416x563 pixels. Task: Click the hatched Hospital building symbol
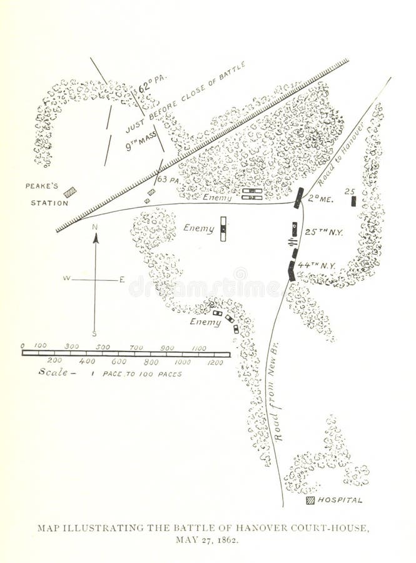tap(310, 500)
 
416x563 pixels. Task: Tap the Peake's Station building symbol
tap(70, 192)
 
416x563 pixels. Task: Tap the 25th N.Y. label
tap(323, 232)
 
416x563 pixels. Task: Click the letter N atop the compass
tap(95, 228)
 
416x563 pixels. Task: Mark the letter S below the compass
tap(94, 333)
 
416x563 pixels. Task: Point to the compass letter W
tap(66, 278)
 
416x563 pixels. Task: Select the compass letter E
tap(122, 279)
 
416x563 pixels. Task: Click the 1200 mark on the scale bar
tap(214, 362)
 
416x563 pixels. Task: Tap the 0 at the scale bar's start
tap(23, 345)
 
